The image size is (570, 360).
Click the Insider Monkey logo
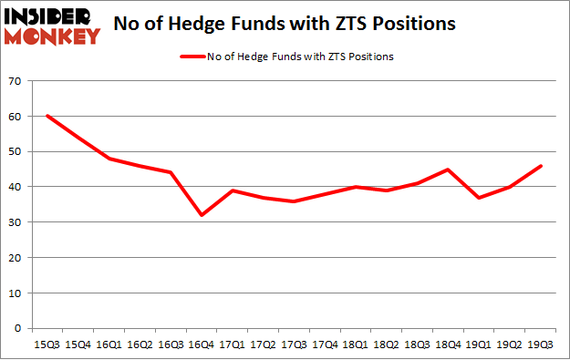click(52, 25)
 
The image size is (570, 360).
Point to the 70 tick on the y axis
click(16, 82)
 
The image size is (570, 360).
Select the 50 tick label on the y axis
click(16, 152)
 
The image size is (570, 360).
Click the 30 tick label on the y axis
click(16, 222)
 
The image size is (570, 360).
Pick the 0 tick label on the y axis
click(18, 328)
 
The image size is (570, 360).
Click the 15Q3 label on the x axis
click(48, 345)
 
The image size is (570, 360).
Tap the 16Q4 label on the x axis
click(202, 345)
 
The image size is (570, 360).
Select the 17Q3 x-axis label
click(294, 345)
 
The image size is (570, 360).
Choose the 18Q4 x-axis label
click(448, 345)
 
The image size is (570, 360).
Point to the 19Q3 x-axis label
click(540, 345)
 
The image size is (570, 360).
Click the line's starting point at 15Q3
click(48, 117)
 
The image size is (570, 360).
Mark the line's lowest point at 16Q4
click(202, 215)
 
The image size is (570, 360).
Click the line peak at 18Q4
click(448, 170)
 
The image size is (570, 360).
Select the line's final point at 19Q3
click(540, 166)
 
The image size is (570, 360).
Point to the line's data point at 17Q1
click(233, 190)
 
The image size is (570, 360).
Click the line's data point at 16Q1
click(109, 159)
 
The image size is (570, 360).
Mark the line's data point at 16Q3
click(171, 173)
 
